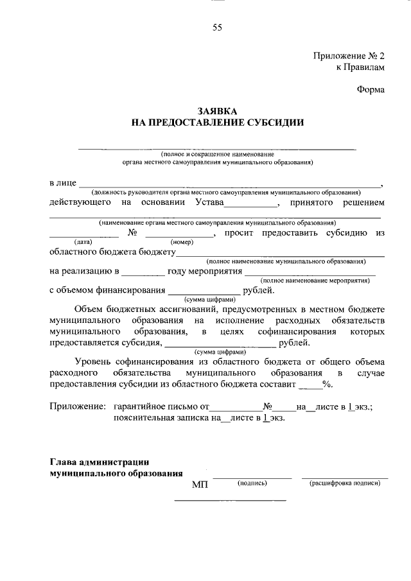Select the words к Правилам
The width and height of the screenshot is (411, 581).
tap(360, 67)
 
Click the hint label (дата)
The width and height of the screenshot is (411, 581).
tap(83, 241)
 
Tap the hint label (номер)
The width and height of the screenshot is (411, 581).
tap(182, 241)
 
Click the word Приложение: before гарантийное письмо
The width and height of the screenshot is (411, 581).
tap(77, 406)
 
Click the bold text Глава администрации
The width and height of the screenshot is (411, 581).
tap(100, 462)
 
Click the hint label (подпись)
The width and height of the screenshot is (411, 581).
tap(252, 482)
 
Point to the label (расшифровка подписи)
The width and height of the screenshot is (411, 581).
tap(345, 482)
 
